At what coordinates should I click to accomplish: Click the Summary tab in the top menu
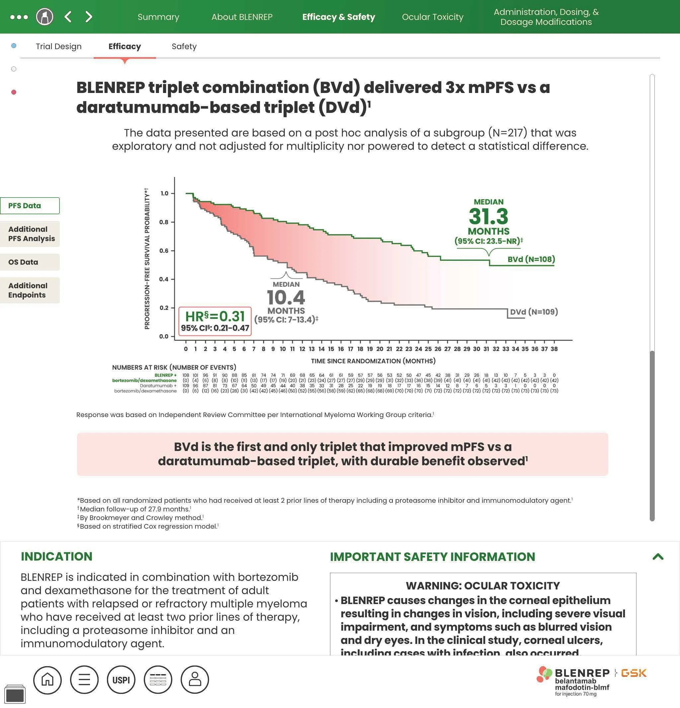click(x=158, y=17)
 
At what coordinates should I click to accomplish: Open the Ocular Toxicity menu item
click(x=432, y=17)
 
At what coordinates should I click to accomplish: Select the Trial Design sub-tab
click(x=58, y=46)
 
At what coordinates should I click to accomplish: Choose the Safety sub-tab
click(x=184, y=46)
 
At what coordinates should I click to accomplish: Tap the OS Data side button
click(x=30, y=262)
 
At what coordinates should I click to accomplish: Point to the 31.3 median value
click(x=488, y=217)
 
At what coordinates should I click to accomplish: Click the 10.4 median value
click(x=286, y=298)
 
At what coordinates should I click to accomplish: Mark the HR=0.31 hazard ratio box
click(x=215, y=321)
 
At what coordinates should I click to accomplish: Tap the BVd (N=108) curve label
click(x=531, y=259)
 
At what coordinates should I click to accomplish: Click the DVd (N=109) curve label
click(x=533, y=312)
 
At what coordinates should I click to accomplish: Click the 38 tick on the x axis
click(x=554, y=349)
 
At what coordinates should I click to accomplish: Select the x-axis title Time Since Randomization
click(x=373, y=361)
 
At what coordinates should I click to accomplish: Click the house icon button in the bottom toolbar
click(x=47, y=680)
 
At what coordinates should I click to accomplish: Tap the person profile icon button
click(x=195, y=680)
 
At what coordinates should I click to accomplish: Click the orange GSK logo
click(x=634, y=673)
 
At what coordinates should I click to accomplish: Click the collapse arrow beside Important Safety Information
click(x=658, y=557)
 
